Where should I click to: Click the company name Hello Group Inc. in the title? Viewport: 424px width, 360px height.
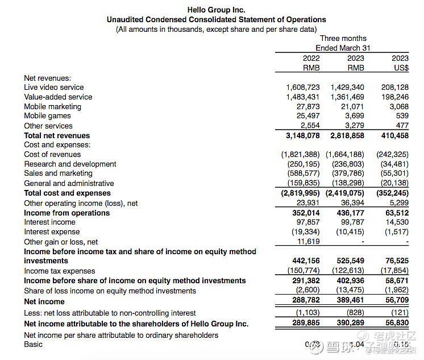click(216, 10)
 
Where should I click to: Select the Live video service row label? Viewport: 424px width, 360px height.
click(53, 88)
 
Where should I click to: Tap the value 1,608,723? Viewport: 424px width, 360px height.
click(302, 88)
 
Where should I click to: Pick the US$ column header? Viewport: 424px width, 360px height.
click(401, 68)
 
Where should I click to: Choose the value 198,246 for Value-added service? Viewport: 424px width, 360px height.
click(393, 97)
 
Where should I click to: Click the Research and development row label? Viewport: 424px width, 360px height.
click(70, 164)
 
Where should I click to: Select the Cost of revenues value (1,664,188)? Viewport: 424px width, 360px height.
click(347, 155)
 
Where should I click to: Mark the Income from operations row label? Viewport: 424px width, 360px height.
click(66, 213)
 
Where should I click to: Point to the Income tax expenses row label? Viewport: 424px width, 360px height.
click(59, 271)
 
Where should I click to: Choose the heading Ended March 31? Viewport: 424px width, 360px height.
click(342, 48)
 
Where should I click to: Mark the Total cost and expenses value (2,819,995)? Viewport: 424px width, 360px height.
click(300, 193)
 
